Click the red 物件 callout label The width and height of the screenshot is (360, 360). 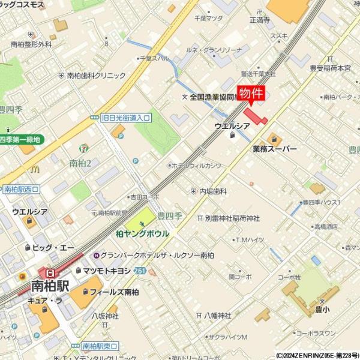point(251,94)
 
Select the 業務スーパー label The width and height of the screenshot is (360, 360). point(274,148)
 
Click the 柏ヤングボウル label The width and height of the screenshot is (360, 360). point(142,233)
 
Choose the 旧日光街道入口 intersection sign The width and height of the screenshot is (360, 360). point(125,118)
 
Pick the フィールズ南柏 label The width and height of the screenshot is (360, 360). point(114,292)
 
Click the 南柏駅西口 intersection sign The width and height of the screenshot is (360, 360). point(20,189)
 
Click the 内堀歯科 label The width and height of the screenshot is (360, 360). point(212,191)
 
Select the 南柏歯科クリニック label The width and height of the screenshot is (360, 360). point(96,76)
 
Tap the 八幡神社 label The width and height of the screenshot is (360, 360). point(217,315)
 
